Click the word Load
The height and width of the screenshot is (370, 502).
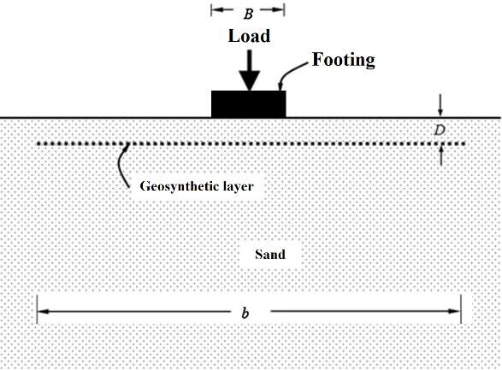249,36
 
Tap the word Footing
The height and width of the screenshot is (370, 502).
344,60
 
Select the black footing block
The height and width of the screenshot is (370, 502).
249,104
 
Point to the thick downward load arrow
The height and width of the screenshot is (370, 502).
250,70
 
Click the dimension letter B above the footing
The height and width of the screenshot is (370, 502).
248,14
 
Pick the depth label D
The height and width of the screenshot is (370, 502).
440,130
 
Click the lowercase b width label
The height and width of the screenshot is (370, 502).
245,313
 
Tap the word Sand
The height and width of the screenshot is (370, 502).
270,255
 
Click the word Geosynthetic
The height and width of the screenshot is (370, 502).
176,186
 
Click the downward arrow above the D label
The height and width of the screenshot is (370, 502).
440,104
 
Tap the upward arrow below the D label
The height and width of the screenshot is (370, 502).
441,156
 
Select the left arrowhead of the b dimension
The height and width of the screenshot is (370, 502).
44,311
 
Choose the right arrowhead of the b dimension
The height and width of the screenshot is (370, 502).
454,311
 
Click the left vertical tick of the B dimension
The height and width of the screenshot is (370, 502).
211,10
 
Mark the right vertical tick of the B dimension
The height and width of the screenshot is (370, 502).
284,10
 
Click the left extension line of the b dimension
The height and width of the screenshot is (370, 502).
37,309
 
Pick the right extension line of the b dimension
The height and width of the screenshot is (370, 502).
461,309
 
